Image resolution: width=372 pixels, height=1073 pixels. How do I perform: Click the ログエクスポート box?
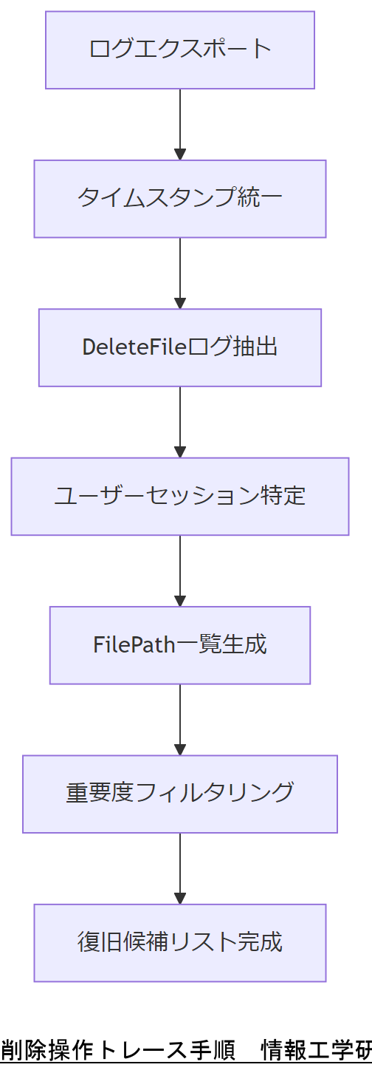point(180,50)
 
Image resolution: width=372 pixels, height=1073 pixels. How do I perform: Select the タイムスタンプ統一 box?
point(180,199)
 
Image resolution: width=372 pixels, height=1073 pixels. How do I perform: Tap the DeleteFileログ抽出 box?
point(180,347)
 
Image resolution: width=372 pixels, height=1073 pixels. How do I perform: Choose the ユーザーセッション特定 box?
point(180,496)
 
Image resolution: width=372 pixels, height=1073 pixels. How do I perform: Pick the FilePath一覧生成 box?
point(180,645)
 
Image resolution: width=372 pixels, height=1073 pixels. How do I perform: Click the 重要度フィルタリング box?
point(180,794)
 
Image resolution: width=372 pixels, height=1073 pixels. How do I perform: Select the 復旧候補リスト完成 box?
point(180,943)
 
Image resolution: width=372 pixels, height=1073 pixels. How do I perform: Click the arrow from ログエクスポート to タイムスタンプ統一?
point(180,124)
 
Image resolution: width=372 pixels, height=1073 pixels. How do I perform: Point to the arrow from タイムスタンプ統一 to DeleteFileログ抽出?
point(180,273)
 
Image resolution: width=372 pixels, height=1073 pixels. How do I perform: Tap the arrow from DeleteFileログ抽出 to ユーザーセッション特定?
point(180,422)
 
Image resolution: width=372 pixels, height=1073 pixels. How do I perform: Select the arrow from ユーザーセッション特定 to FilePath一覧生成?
point(180,570)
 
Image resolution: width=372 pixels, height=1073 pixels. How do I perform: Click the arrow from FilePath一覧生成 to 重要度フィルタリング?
point(180,720)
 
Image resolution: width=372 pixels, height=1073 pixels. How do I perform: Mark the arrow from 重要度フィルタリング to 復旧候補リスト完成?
point(180,868)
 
